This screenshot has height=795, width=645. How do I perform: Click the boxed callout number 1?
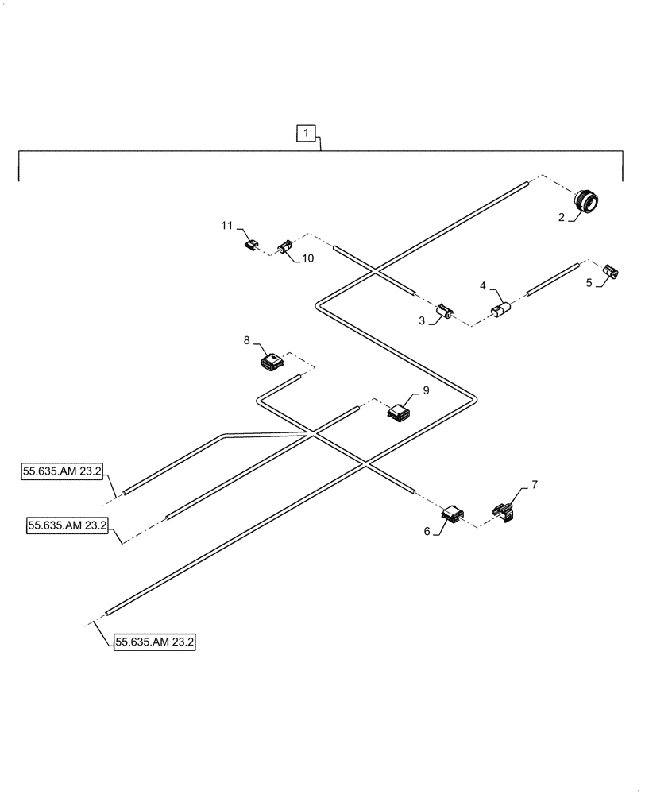[307, 134]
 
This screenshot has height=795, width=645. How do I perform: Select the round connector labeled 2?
[586, 202]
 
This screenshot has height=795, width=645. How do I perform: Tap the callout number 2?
[562, 217]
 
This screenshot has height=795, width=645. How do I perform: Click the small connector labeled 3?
[445, 311]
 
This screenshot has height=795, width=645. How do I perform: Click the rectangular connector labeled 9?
[398, 412]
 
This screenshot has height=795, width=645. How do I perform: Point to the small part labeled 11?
[251, 246]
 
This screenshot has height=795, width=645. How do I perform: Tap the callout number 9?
[426, 390]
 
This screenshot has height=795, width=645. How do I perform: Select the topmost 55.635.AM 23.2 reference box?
[62, 471]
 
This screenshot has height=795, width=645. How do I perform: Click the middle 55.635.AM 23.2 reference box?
[68, 525]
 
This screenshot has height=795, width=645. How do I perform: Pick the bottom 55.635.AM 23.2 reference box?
[154, 642]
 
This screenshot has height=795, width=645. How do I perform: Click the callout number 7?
[534, 484]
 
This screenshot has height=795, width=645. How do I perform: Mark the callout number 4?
[481, 284]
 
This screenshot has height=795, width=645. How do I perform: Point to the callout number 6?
[427, 532]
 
